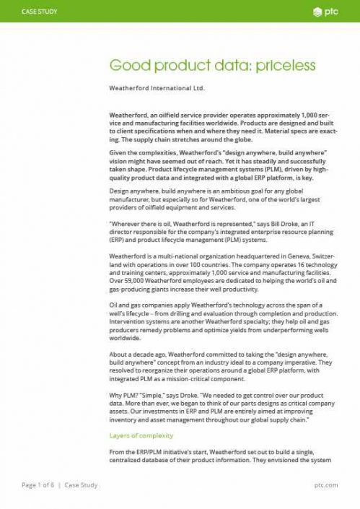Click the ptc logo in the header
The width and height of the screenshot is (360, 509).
(326, 12)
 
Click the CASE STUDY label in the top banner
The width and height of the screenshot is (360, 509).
(40, 12)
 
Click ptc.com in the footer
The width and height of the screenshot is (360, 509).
(326, 485)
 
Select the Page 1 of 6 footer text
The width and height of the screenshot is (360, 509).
(39, 485)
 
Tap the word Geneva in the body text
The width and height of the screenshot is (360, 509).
(301, 256)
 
